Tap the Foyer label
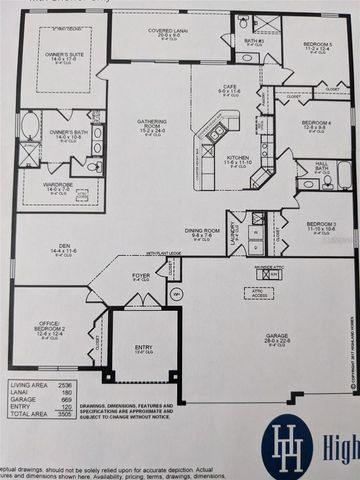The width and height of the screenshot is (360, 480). (142, 275)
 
